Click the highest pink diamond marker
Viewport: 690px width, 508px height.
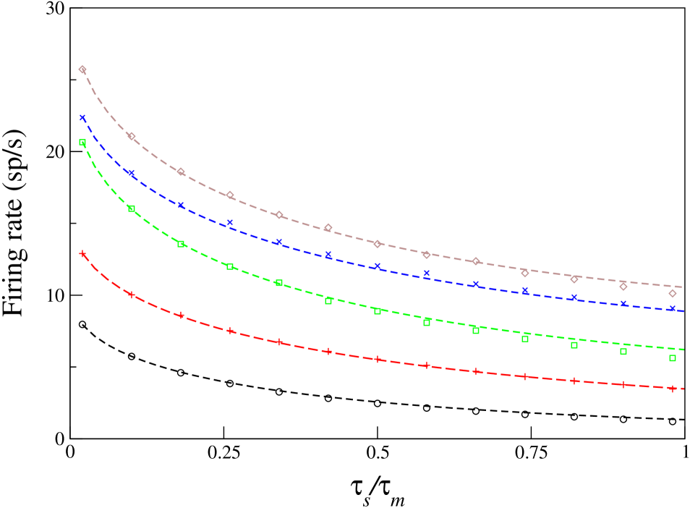[82, 70]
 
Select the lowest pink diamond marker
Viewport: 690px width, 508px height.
[673, 293]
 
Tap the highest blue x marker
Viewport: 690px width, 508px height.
[82, 117]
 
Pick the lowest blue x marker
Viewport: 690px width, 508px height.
[673, 308]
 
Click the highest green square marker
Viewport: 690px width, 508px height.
[82, 143]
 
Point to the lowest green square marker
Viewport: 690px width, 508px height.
[673, 358]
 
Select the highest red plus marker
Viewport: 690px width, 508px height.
[82, 254]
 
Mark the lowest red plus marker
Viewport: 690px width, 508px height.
[673, 389]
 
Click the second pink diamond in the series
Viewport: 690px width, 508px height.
[132, 136]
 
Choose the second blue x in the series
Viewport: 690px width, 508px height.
[132, 173]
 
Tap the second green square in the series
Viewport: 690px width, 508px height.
[132, 208]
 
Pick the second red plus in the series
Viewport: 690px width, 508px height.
[132, 295]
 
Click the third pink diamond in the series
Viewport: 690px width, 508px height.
[181, 172]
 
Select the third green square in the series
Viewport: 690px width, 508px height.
[181, 244]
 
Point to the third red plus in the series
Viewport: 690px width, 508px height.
[181, 316]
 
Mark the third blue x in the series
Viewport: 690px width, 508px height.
[181, 206]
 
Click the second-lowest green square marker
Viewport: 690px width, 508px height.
[623, 352]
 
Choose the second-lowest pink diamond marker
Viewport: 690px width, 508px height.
[623, 287]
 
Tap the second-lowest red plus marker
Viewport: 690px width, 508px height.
[623, 384]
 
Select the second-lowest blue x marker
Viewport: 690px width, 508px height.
[623, 304]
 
